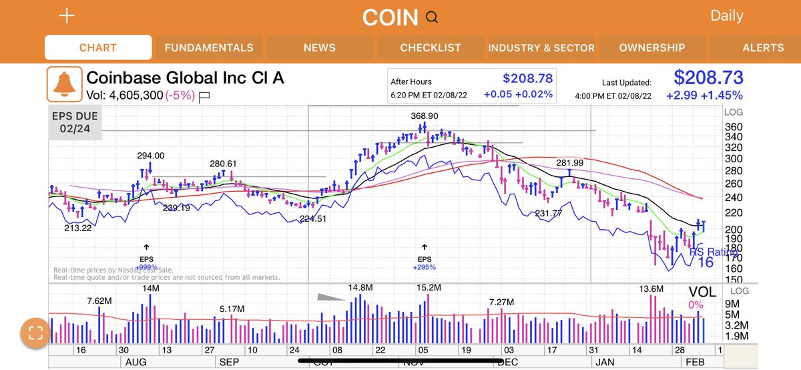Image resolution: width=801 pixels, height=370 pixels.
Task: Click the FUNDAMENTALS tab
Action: [209, 47]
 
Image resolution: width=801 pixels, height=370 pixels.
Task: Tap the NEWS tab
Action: [319, 47]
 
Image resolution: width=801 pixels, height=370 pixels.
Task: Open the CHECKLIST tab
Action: [431, 47]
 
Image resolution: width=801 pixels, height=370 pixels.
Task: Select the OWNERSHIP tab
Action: [651, 47]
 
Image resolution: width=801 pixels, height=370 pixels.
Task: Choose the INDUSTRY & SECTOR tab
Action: [541, 47]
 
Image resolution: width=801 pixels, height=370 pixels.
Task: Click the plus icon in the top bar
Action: [67, 17]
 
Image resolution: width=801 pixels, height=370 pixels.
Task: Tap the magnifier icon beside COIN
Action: [432, 18]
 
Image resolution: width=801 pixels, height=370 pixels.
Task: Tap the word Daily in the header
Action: [726, 16]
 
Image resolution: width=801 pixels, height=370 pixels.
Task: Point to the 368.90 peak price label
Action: [425, 116]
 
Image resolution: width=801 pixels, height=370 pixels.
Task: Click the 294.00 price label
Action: [151, 156]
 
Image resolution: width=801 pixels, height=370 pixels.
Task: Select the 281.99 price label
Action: [569, 163]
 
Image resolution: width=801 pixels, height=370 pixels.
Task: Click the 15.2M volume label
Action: [429, 287]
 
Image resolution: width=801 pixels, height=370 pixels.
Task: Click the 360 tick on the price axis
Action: [734, 127]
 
